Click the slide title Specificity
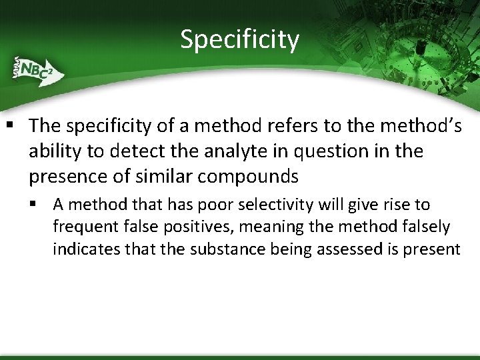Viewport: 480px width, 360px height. coord(240,39)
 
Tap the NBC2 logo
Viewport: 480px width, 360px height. coord(35,70)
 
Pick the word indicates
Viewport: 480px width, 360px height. coord(83,249)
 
